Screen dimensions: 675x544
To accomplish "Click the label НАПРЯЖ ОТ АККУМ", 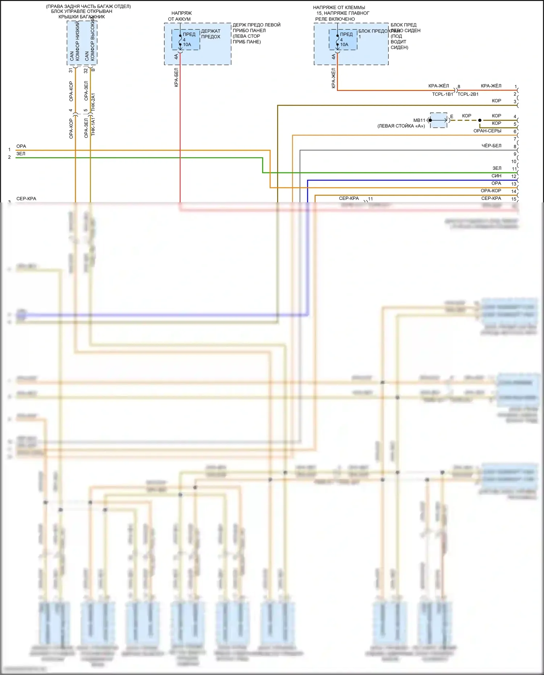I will point(180,16).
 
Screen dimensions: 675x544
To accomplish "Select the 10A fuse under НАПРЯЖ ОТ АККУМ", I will point(186,40).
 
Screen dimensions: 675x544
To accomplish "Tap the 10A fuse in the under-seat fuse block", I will point(343,40).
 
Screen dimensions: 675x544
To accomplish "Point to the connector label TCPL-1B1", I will point(442,94).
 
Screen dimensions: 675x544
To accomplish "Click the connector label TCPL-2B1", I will point(468,94).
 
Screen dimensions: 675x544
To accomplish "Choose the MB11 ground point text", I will point(419,120).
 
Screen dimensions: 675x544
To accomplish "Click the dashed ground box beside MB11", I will point(439,120).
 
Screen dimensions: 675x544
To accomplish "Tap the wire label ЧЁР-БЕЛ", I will point(491,146).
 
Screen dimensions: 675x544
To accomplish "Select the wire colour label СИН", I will point(496,176).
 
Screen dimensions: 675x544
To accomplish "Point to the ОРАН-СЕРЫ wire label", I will point(487,131).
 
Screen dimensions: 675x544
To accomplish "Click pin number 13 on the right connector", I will point(514,184).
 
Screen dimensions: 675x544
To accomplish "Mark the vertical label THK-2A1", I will point(93,102).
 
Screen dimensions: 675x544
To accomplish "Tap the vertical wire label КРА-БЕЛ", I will point(176,77).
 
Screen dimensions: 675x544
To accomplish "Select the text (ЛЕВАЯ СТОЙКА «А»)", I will point(401,126).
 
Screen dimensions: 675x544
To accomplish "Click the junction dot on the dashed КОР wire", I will point(480,120).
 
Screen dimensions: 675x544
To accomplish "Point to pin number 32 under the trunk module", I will point(86,71).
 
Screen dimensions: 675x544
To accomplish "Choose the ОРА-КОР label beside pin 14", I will point(491,191).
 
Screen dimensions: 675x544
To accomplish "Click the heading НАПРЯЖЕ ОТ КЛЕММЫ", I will point(339,7).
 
